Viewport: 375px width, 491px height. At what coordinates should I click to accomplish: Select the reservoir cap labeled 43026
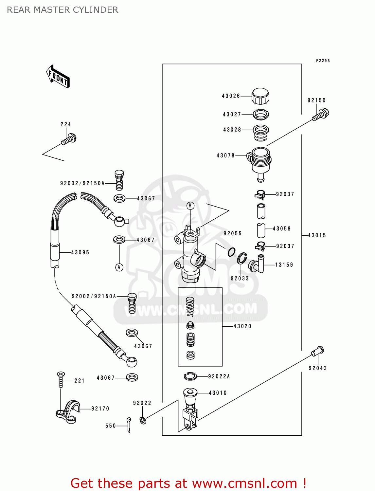click(x=260, y=96)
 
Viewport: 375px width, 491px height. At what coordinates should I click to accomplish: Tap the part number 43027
click(x=232, y=115)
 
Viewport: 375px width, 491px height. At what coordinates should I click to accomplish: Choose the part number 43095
click(x=80, y=252)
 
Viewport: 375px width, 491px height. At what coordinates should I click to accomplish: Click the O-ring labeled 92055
click(x=232, y=252)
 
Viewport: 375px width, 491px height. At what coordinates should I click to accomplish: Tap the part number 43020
click(x=242, y=326)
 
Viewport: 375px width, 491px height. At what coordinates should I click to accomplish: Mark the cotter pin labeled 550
click(x=129, y=425)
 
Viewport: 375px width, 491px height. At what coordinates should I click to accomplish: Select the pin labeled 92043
click(x=317, y=352)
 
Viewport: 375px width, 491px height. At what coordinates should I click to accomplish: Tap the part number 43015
click(x=317, y=235)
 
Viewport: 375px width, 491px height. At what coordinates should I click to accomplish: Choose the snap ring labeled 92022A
click(x=190, y=376)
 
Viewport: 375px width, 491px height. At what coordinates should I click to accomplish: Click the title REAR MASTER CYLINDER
click(x=62, y=10)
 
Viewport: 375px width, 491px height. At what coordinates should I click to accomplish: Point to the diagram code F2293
click(x=323, y=61)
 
